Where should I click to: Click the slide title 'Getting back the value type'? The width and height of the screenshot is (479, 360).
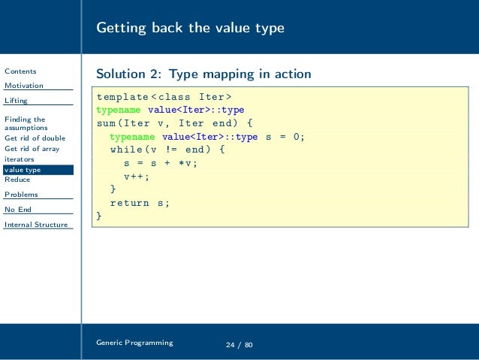click(190, 29)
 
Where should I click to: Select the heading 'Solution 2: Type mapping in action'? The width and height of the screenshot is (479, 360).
click(203, 74)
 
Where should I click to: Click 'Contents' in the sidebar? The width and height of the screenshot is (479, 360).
click(20, 71)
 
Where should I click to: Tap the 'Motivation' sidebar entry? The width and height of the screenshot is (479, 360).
click(24, 86)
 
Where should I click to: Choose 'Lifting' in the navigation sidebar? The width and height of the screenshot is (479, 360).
click(16, 101)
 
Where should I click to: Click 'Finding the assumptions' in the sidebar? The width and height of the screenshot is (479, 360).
click(25, 123)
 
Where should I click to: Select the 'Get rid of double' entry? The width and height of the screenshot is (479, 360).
click(35, 138)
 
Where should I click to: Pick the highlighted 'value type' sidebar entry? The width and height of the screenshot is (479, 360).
click(23, 170)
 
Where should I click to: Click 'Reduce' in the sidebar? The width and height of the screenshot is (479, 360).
click(17, 180)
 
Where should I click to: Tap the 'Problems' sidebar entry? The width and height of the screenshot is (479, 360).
click(21, 195)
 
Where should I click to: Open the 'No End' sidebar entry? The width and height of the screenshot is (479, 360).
click(18, 210)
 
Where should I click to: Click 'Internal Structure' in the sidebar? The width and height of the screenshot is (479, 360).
click(35, 225)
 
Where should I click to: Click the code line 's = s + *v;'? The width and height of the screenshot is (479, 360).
click(161, 162)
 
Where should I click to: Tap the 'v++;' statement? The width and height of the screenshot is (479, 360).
click(137, 176)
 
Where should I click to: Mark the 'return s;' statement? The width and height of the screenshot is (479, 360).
click(140, 203)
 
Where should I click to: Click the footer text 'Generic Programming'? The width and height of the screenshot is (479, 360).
click(134, 343)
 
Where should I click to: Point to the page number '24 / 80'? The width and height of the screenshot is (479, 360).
click(239, 345)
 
